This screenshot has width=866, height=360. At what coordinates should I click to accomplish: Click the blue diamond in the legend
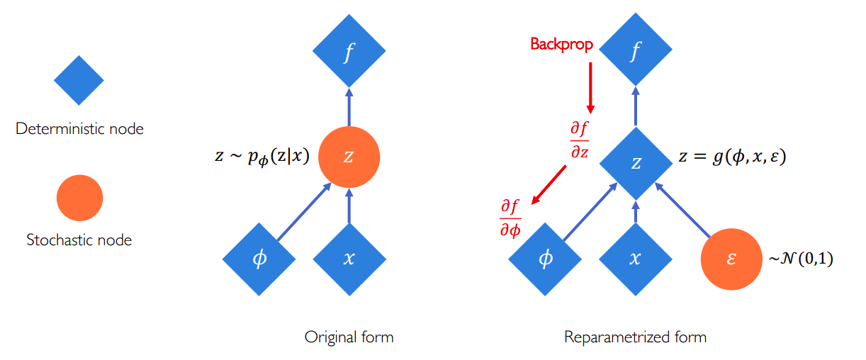(x=79, y=81)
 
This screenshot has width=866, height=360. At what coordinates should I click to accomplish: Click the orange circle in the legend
(x=79, y=198)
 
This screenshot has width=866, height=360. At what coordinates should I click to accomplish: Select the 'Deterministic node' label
(x=79, y=129)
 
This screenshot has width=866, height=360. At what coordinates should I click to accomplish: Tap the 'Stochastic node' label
(x=79, y=240)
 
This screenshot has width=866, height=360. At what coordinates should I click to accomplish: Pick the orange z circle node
(x=349, y=157)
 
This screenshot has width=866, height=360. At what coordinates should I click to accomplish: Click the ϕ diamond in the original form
(x=259, y=259)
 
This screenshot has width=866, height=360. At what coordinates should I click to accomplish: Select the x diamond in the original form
(x=349, y=259)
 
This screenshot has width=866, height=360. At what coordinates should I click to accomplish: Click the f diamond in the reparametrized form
(x=636, y=52)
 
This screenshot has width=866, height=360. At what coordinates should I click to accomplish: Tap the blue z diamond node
(x=636, y=163)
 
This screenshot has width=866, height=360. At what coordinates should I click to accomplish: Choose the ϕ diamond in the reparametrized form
(x=545, y=259)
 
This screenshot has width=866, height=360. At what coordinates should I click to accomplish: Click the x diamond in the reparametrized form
(x=636, y=259)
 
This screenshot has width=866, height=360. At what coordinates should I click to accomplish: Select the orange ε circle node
(x=731, y=259)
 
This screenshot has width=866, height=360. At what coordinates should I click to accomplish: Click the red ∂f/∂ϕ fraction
(x=510, y=218)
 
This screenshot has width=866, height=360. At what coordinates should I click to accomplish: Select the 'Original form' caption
(x=349, y=337)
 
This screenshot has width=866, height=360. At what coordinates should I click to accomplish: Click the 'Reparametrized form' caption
(x=635, y=337)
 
